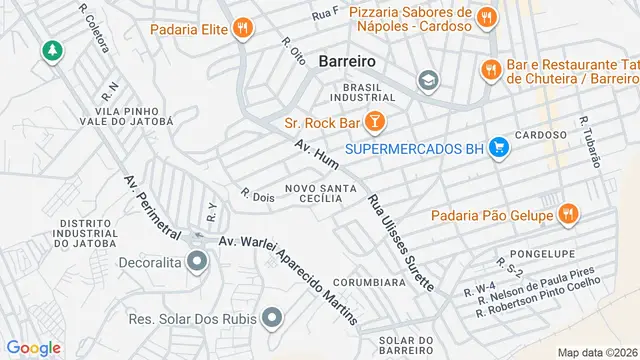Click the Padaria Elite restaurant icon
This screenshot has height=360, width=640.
point(241,29)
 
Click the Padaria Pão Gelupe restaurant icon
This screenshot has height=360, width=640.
point(567,213)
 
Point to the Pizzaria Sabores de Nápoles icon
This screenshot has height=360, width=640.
point(486,17)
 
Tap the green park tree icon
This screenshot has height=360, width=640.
point(50,49)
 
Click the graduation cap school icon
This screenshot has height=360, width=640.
point(428,80)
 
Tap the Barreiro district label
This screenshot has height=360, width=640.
point(346,61)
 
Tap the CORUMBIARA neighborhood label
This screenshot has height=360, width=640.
point(369,282)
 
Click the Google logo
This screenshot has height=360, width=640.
point(34,347)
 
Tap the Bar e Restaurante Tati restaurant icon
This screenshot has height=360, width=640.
point(490,69)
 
